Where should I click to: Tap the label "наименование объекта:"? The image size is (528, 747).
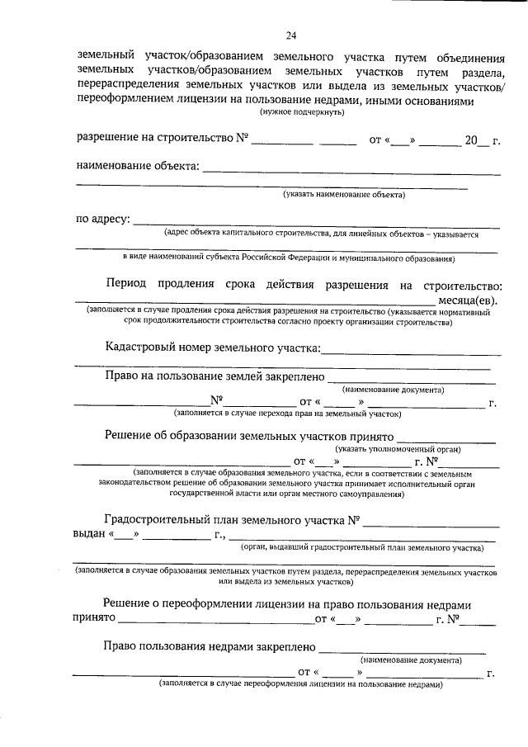138,167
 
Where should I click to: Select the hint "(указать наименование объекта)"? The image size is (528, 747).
344,196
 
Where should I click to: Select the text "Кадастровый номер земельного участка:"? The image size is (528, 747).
213,348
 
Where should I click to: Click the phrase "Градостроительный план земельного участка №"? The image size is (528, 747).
233,520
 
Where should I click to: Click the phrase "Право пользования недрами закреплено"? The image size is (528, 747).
210,647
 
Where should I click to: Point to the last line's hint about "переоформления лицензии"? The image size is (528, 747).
301,684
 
